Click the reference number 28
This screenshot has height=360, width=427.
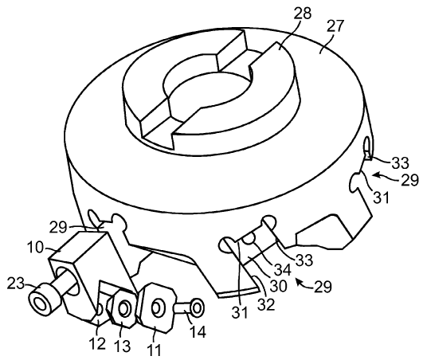coord(302,14)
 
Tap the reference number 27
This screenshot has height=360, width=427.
coord(335,25)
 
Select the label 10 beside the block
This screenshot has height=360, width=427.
coord(35,248)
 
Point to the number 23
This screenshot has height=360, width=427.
coord(16,284)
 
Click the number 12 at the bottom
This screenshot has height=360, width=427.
coord(97,344)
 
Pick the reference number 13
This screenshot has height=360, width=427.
coord(122,346)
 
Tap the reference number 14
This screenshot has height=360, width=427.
coord(198,331)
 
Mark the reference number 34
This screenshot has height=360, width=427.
coord(282,270)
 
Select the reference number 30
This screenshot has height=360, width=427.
coord(278,286)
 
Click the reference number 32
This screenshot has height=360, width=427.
coord(266,305)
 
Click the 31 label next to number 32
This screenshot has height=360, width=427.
coord(240,312)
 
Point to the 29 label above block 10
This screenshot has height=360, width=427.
coord(58,227)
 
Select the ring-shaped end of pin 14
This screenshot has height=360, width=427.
coord(197,307)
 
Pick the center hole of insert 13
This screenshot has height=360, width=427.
coord(125,308)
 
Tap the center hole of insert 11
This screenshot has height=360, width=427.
coord(157,307)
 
